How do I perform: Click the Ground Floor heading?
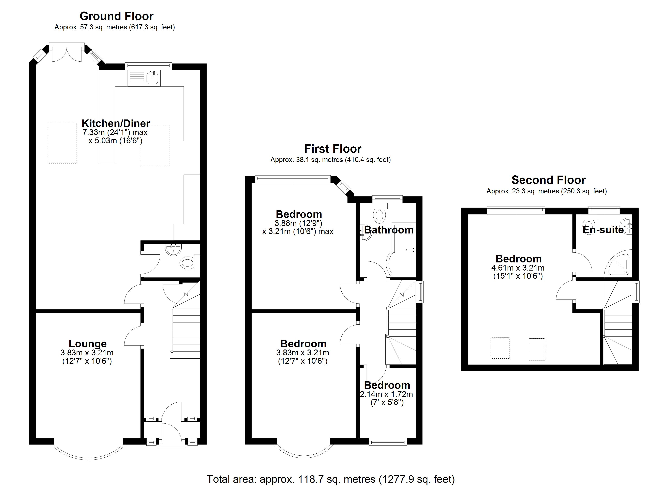click(x=117, y=16)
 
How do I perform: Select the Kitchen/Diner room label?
click(x=116, y=123)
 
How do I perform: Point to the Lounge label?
click(x=88, y=344)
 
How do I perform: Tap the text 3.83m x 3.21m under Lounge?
click(x=87, y=353)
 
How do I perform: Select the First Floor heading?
click(x=333, y=149)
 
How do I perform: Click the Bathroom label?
click(x=389, y=230)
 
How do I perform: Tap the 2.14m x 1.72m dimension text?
click(x=386, y=394)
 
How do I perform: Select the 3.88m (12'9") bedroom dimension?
click(x=298, y=223)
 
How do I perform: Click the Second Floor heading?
click(x=548, y=180)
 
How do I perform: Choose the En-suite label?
click(x=603, y=230)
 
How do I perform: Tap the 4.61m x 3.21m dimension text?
click(x=518, y=268)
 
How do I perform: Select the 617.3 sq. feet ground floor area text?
click(x=152, y=27)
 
